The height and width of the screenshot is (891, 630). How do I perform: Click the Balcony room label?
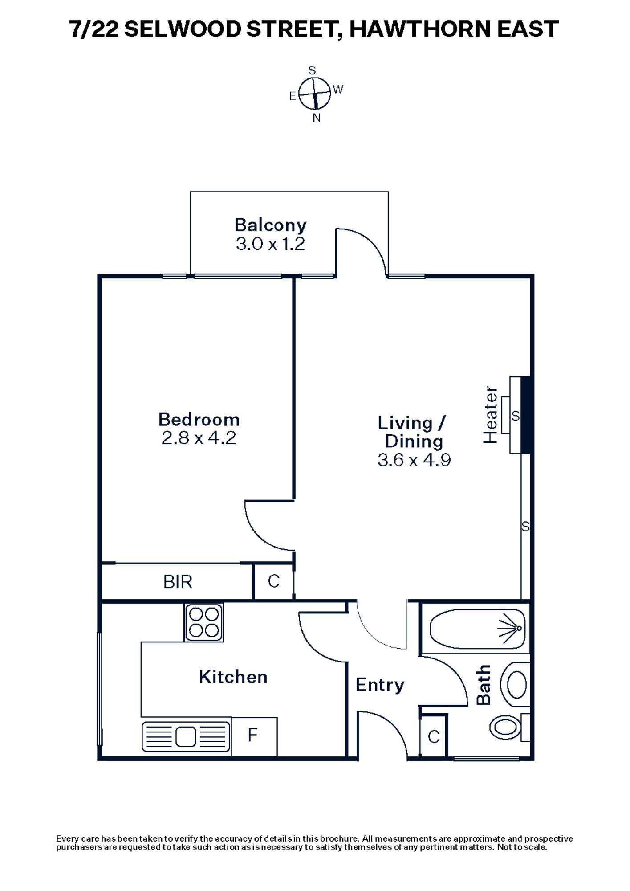pyautogui.click(x=270, y=225)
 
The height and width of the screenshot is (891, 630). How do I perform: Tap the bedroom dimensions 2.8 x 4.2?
pyautogui.click(x=199, y=438)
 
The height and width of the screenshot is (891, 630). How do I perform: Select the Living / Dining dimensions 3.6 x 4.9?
pyautogui.click(x=414, y=460)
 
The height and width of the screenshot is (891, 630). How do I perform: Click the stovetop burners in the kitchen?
pyautogui.click(x=204, y=622)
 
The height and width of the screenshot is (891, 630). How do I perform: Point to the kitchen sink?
pyautogui.click(x=186, y=737)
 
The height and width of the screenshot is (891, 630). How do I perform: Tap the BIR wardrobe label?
pyautogui.click(x=178, y=582)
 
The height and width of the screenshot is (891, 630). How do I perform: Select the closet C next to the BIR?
pyautogui.click(x=273, y=581)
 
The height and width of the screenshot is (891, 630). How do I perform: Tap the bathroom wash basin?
pyautogui.click(x=516, y=684)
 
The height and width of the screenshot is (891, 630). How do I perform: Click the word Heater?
pyautogui.click(x=490, y=415)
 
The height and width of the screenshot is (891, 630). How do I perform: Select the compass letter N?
pyautogui.click(x=317, y=118)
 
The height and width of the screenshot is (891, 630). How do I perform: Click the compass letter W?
pyautogui.click(x=338, y=90)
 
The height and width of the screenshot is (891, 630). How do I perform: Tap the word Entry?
pyautogui.click(x=379, y=685)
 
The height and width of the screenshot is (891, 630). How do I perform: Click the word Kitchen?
pyautogui.click(x=233, y=677)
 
